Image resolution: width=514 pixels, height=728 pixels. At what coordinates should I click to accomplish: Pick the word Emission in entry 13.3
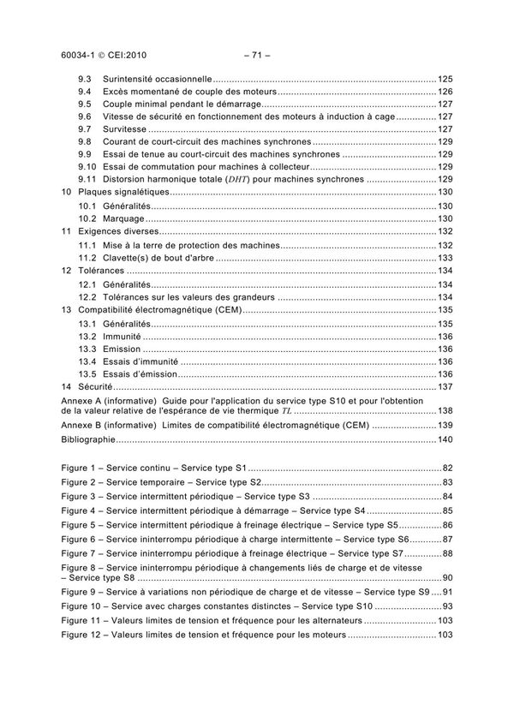[123, 349]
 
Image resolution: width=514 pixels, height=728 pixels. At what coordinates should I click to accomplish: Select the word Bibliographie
[88, 439]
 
